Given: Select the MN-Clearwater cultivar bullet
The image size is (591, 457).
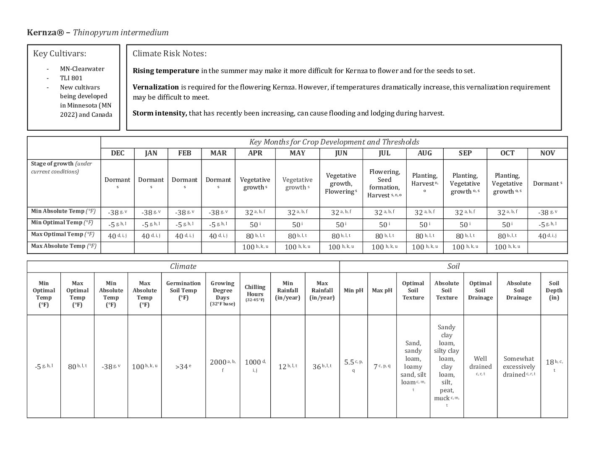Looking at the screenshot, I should click(82, 69).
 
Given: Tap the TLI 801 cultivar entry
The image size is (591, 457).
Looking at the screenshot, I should click(71, 78).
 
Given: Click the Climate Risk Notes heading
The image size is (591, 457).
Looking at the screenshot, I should click(170, 54).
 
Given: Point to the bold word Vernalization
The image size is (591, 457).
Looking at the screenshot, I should click(156, 87).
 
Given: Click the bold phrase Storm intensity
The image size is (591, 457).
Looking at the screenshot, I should click(160, 113).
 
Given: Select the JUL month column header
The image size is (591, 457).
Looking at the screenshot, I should click(384, 153).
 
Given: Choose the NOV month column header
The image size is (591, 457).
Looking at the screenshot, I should click(547, 153).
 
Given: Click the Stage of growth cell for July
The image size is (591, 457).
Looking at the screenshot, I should click(384, 183).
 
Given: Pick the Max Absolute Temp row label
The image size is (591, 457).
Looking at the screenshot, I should click(63, 246).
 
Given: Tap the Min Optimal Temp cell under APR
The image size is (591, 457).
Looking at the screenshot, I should click(255, 225).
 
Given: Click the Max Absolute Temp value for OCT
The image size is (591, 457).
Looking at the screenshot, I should click(507, 247).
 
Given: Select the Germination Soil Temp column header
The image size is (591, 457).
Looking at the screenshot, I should click(183, 290).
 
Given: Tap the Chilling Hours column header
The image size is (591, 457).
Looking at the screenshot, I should click(255, 290).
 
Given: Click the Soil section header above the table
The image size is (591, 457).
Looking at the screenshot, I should click(453, 266).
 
